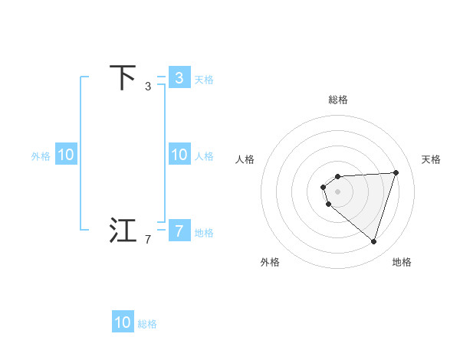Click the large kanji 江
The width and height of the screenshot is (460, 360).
123,231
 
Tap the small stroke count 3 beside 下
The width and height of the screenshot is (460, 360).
148,87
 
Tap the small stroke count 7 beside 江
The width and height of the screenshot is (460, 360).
148,240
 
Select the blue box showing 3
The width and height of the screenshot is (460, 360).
179,78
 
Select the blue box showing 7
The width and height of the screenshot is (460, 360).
179,231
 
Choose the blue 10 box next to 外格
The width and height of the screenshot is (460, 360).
66,155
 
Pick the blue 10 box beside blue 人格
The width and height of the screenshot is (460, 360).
179,155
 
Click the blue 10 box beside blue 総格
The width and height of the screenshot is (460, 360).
123,322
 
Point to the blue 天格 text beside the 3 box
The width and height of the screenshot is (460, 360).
204,79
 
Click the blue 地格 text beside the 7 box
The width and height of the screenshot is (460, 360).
204,232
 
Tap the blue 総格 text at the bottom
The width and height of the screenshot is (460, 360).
147,324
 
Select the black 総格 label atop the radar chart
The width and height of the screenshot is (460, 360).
338,100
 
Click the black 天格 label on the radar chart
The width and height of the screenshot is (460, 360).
431,159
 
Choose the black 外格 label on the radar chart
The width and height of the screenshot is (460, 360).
270,262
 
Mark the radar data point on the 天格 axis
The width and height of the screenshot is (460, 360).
396,172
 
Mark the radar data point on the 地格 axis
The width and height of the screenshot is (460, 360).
373,241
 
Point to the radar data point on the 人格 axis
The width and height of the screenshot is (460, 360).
324,187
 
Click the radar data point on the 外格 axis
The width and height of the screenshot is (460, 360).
328,204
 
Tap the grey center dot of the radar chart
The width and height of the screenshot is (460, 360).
338,191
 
